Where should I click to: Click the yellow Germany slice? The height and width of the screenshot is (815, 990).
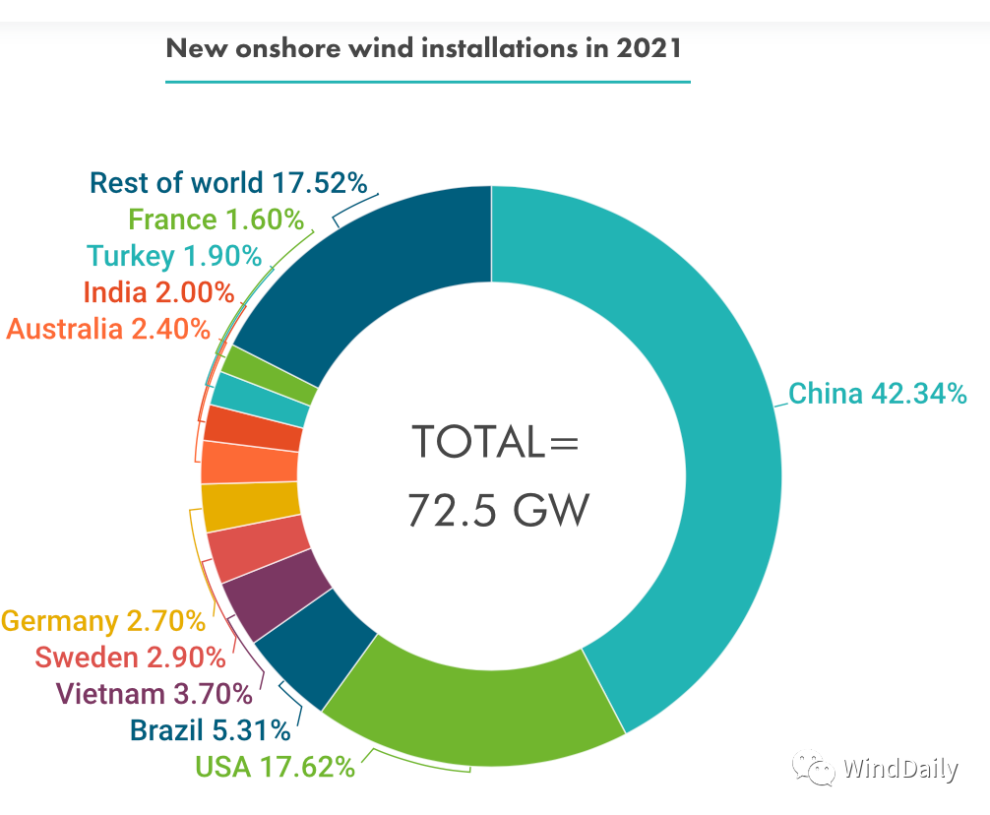click(x=251, y=507)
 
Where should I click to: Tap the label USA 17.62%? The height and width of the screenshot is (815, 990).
click(x=275, y=766)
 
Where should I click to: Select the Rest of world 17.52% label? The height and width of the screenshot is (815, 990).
click(x=228, y=183)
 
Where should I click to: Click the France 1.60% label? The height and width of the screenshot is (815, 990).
click(x=216, y=219)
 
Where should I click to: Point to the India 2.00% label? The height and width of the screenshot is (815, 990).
click(x=158, y=292)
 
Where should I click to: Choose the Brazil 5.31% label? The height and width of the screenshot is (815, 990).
click(x=210, y=730)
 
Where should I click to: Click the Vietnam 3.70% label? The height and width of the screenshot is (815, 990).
click(x=155, y=694)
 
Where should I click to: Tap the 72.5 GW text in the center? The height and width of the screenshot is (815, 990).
click(x=498, y=511)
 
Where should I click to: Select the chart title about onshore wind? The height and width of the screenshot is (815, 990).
click(x=423, y=48)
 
